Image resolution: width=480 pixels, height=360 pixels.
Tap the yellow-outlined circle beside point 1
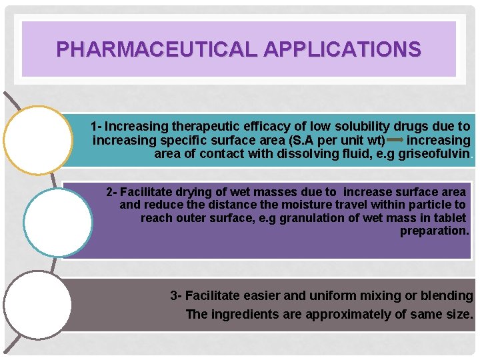(38, 140)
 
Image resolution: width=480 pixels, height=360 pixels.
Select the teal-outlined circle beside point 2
(58, 222)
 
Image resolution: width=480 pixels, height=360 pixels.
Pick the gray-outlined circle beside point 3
(38, 305)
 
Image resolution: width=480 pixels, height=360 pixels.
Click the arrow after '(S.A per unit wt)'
(394, 141)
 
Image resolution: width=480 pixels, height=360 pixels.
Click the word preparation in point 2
(435, 231)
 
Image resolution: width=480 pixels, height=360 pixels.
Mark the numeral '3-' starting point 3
(176, 295)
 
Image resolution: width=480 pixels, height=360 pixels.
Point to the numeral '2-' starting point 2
(112, 192)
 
